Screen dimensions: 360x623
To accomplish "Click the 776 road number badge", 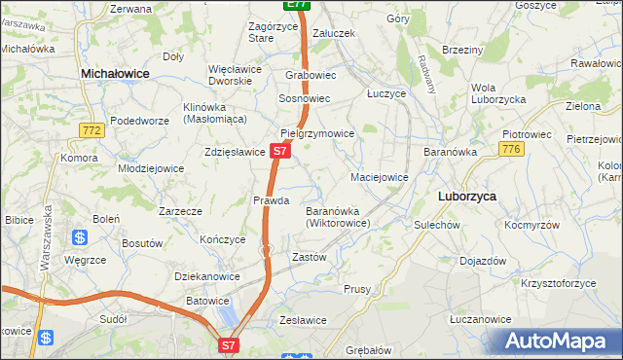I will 511,148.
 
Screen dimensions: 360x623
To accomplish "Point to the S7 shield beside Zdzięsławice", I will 279,152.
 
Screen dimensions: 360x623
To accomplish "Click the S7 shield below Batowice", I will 228,344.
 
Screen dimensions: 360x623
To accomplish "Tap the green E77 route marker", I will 297,5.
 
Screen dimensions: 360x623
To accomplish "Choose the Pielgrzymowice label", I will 316,133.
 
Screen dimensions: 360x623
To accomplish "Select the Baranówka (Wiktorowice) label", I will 338,217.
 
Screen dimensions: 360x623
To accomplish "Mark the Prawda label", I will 272,200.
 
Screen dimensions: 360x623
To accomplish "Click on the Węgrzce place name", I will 85,260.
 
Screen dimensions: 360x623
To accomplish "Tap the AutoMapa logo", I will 560,342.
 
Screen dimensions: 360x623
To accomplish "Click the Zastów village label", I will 309,257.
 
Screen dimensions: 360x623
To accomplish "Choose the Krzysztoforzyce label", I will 558,283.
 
